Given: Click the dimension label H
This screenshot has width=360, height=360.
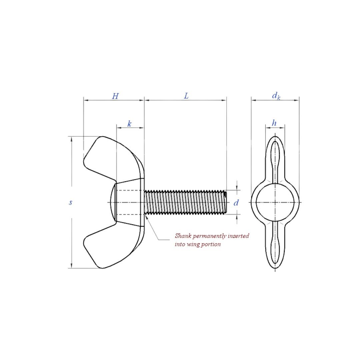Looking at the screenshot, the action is [115, 96].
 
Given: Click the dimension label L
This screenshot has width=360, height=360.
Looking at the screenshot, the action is [186, 96].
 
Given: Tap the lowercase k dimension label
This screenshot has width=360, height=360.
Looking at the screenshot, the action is [129, 124].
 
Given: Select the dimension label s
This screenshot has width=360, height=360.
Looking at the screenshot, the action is [71, 202].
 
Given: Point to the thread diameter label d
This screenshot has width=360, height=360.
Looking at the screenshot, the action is [236, 203].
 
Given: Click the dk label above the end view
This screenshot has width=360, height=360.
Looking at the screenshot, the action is [276, 96].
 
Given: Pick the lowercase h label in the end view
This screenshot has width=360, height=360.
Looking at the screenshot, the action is [274, 123].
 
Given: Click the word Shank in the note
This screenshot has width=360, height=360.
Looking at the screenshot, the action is [183, 236].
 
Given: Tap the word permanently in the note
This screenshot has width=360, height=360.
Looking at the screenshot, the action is [211, 236].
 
